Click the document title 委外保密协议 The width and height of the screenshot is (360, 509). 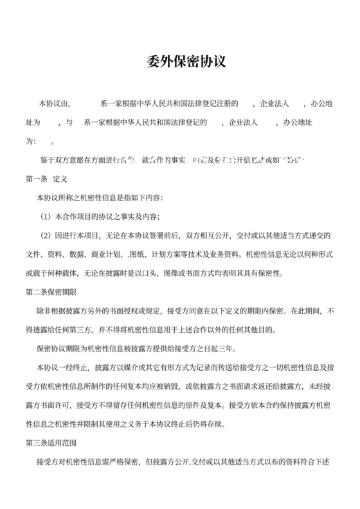point(179,64)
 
